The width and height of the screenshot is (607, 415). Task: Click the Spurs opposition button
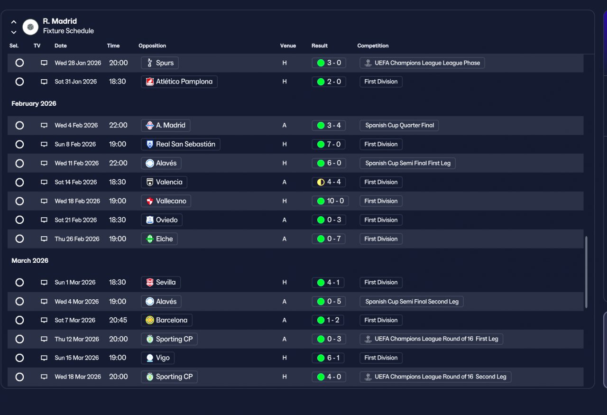point(160,63)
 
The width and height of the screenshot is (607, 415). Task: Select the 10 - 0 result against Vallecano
point(330,201)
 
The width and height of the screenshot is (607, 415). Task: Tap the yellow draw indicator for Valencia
point(321,182)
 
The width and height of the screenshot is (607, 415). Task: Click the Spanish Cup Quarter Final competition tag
point(399,125)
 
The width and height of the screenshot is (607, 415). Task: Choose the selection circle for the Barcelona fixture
point(19,320)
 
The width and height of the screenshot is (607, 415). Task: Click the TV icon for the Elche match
point(44,239)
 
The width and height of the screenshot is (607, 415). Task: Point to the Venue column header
point(288,46)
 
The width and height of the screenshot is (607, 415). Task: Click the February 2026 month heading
point(34,103)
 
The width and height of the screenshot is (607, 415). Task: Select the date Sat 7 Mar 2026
point(75,320)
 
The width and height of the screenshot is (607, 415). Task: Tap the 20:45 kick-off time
point(118,320)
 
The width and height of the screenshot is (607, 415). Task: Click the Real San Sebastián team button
point(181,144)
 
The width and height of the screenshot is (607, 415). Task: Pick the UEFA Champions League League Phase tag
point(422,63)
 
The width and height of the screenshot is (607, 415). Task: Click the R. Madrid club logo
point(30,27)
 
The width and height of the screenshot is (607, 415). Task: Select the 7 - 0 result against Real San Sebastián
point(329,144)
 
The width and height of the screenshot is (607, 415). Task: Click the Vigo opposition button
point(158,358)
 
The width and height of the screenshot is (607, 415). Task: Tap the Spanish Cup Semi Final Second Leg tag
point(412,302)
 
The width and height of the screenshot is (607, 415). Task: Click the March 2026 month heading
point(30,260)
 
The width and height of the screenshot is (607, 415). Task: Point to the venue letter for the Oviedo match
point(284,220)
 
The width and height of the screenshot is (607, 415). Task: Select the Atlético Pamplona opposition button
point(179,82)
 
